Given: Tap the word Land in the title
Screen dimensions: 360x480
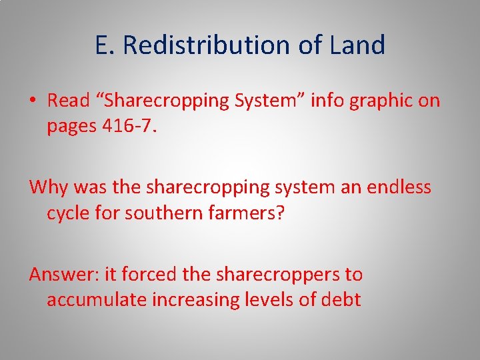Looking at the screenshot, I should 357,45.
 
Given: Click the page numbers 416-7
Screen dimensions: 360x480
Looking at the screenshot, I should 131,126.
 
